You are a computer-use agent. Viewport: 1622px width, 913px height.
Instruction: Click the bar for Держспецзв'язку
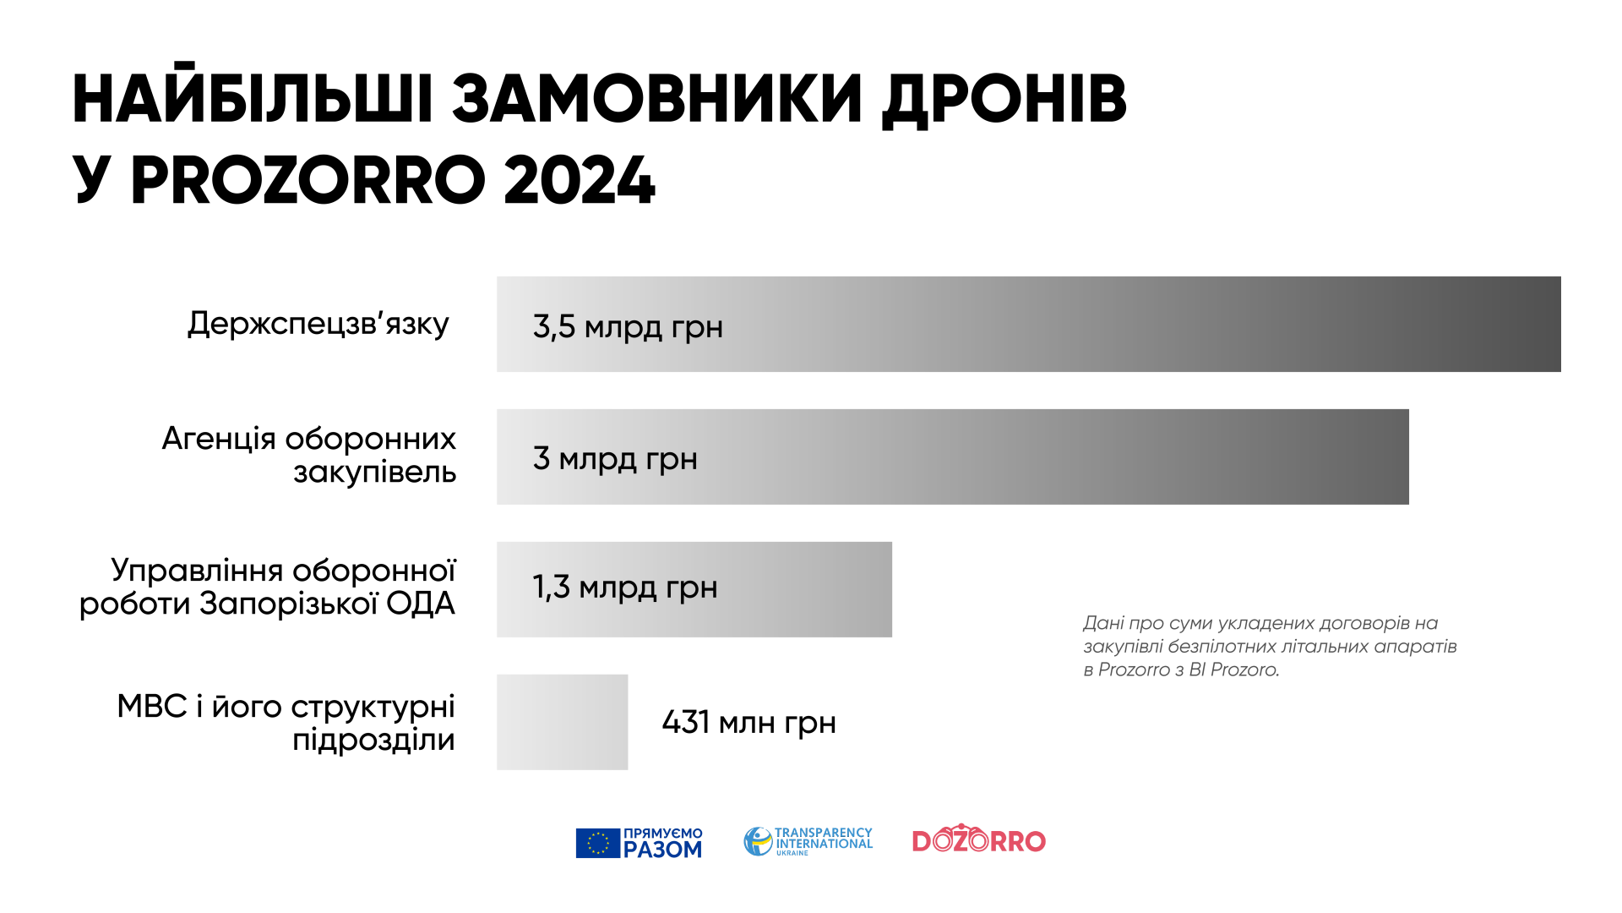(1028, 324)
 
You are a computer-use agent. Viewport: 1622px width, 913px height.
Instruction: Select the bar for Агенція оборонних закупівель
(952, 456)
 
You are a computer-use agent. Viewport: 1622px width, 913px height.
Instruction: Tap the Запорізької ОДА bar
(694, 589)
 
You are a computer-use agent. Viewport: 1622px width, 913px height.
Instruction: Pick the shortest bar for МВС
(562, 722)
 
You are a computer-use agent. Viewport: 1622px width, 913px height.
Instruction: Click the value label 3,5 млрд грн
(628, 327)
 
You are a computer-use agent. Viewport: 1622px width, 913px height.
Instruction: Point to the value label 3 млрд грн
(615, 459)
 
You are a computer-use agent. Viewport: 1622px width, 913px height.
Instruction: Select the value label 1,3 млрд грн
(625, 588)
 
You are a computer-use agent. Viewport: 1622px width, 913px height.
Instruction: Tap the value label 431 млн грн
(749, 723)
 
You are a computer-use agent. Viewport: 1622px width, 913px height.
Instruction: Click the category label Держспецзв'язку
(318, 324)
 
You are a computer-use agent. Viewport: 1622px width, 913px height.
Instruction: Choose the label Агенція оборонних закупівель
(309, 455)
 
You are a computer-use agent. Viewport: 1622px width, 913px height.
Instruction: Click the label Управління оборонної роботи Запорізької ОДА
(268, 587)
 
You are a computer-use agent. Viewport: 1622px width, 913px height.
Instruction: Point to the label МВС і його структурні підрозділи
(286, 723)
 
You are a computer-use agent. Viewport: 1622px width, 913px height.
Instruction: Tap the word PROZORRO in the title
(308, 180)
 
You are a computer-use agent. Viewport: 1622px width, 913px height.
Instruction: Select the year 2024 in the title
(580, 180)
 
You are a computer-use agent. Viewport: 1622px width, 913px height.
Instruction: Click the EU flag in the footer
(598, 843)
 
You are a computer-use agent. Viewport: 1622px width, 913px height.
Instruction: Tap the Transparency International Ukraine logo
(808, 841)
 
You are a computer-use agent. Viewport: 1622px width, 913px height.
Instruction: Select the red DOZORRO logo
(979, 839)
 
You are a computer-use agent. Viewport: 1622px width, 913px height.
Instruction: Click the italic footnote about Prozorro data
(1270, 647)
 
